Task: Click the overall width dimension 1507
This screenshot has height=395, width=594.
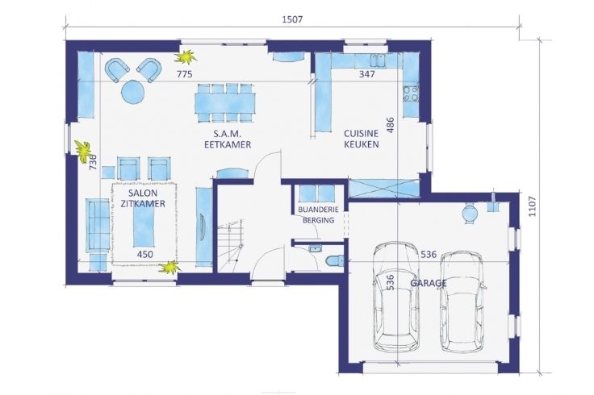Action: point(292,19)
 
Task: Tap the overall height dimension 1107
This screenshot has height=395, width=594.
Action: point(532,206)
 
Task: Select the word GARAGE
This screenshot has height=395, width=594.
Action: point(429,283)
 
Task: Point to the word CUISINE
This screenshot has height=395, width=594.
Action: point(361,134)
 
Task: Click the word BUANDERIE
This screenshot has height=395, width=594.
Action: point(318,210)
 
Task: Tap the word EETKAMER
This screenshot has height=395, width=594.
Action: point(228,144)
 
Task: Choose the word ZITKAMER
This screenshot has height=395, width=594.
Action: point(143,204)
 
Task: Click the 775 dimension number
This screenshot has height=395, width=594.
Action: point(185,74)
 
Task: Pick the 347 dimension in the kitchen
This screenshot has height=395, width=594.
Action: point(366,74)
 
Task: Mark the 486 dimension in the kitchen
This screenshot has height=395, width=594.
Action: point(390,125)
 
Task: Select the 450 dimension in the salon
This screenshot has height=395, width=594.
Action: point(145,254)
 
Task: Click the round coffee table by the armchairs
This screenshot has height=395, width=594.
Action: point(133,92)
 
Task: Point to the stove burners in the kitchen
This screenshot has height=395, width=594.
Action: point(411,94)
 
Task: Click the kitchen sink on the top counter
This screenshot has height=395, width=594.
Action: point(378,60)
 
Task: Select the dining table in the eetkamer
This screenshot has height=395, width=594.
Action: point(225,103)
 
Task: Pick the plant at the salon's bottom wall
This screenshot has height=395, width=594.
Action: point(169,268)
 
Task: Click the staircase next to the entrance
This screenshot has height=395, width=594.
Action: point(232,246)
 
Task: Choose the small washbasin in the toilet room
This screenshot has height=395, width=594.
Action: point(315,248)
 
